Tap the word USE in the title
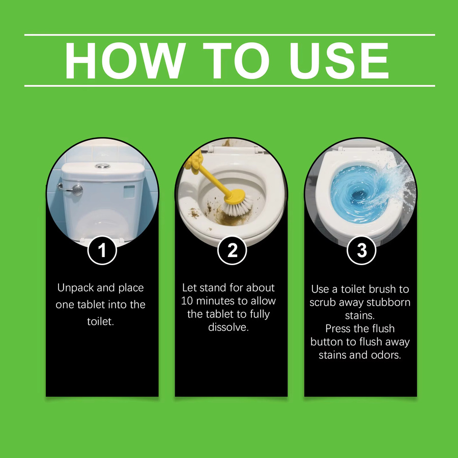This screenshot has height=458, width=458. click(339, 61)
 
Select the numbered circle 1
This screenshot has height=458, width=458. click(102, 250)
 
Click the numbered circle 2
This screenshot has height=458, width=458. click(232, 250)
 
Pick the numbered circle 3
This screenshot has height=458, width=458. click(361, 250)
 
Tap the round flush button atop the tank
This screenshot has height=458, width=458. click(102, 166)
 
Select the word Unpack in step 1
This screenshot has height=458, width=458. click(76, 288)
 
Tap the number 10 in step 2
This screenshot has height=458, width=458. click(187, 301)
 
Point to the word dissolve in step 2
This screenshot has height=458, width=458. click(228, 327)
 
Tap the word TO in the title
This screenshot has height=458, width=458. click(236, 61)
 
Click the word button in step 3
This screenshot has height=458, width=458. click(327, 342)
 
